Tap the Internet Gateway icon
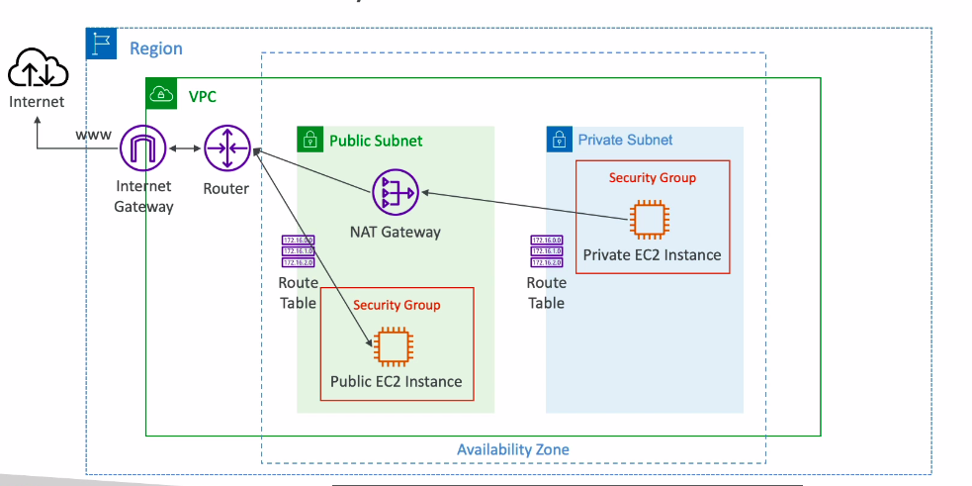pos(144,150)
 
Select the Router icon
pos(226,150)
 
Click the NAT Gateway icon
pos(396,192)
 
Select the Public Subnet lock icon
pos(311,140)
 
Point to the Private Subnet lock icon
pos(560,140)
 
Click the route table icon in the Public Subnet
pos(298,251)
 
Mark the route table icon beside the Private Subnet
pos(546,251)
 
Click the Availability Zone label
pos(512,449)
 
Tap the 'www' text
pos(94,135)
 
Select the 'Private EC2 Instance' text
pos(652,255)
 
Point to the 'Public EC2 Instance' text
pos(396,382)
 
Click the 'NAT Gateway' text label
pos(396,232)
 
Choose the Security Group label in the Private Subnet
pos(653,178)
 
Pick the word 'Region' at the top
pos(156,49)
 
